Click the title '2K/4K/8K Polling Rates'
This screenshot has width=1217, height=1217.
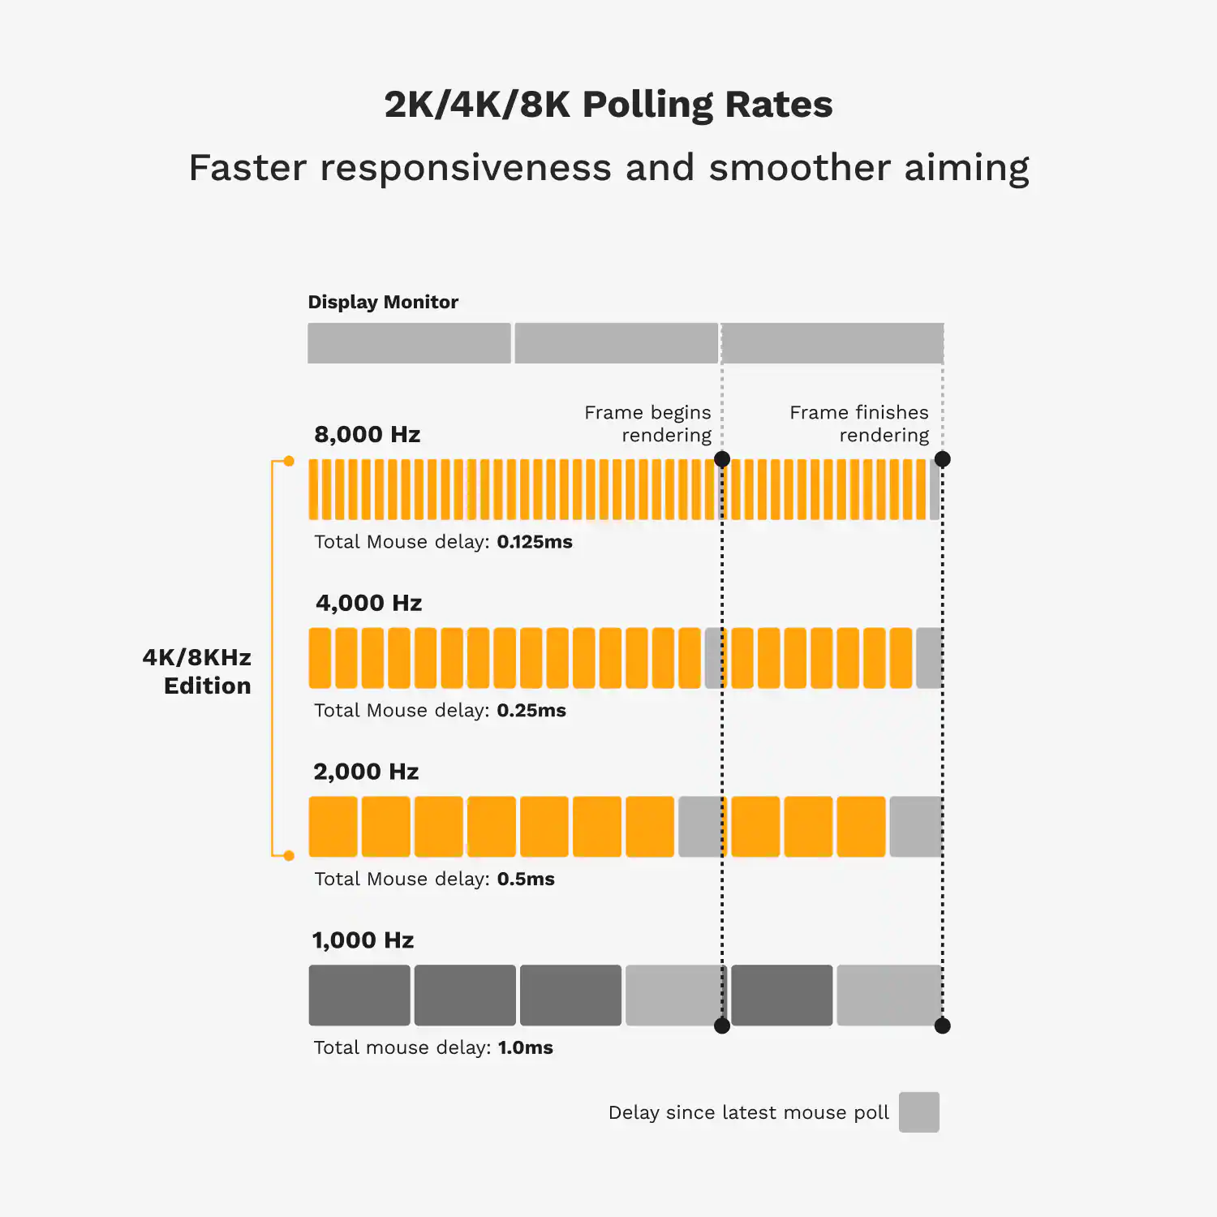point(608,105)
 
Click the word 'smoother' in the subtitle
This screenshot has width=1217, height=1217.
point(799,168)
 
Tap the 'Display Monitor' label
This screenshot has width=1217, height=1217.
point(383,302)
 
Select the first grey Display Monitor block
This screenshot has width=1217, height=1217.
point(409,343)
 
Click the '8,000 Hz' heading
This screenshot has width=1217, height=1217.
point(367,434)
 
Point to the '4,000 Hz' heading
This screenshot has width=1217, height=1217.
point(368,603)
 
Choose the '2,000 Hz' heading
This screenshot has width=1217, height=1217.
point(366,772)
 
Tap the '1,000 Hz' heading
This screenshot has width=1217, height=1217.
point(363,940)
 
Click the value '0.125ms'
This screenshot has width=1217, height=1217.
point(535,542)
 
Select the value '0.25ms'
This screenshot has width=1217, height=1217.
point(531,711)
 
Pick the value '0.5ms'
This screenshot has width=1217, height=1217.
point(526,879)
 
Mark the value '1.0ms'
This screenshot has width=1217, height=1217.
point(525,1047)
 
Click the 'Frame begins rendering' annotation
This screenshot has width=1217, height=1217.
point(647,424)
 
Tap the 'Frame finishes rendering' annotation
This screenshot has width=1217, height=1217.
point(859,424)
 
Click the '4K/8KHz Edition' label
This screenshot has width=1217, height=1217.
point(197,671)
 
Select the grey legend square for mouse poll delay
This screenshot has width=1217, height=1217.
point(918,1112)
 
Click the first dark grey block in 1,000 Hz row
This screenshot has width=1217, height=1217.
point(359,995)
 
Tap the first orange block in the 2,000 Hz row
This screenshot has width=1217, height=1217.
point(333,826)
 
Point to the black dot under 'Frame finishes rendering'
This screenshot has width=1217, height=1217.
point(942,459)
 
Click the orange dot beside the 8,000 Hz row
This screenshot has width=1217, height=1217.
point(289,461)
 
